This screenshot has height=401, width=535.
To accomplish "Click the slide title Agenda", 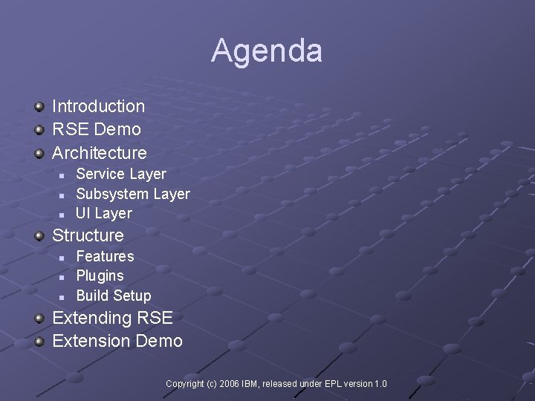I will coord(267,50).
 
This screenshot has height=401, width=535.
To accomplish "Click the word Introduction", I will coord(98,106).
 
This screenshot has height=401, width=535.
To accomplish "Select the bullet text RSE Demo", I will coord(96,129).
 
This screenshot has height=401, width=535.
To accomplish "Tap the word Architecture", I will coord(100,153).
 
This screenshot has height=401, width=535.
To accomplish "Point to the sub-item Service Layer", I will coord(121,174).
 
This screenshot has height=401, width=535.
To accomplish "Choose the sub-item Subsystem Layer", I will coord(133,194).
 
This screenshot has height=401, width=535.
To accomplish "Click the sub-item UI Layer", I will coord(104,213).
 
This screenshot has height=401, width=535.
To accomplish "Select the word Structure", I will coord(88,235).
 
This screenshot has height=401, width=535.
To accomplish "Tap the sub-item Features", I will coord(106,256).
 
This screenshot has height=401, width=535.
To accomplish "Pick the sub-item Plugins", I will coord(100,276).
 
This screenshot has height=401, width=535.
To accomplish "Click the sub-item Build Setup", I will coord(114,296).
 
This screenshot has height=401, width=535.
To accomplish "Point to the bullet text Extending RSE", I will coord(112,318).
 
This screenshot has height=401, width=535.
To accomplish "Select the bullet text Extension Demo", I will coord(117,341).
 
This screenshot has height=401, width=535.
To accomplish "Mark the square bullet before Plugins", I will coord(62,277).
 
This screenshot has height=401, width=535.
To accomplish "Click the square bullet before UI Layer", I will coord(62,215).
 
